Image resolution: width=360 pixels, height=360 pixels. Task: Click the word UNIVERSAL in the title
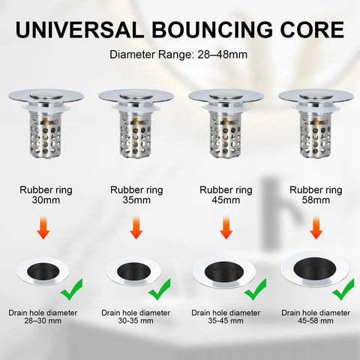80,30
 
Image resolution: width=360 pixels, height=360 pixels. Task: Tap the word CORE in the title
312,30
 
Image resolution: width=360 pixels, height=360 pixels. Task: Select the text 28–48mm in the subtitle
223,55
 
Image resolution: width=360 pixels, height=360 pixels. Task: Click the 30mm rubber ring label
46,195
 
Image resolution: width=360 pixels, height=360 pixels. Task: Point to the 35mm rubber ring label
136,195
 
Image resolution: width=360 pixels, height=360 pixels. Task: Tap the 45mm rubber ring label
226,195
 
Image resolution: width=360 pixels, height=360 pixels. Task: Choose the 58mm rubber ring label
316,195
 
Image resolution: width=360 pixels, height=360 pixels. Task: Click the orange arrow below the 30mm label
43,228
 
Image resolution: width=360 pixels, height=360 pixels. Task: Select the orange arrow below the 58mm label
316,228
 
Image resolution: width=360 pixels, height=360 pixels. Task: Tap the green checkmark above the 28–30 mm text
72,290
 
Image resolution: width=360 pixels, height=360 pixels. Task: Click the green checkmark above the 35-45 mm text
256,290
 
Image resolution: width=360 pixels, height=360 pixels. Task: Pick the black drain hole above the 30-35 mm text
133,271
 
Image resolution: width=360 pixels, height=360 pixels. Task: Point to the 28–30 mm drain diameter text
43,316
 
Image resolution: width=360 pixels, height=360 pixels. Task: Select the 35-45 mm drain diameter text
226,316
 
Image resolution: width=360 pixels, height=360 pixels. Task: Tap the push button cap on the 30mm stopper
46,95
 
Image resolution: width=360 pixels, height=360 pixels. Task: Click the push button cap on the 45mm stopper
226,95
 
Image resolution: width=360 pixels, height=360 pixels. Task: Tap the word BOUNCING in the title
212,30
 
